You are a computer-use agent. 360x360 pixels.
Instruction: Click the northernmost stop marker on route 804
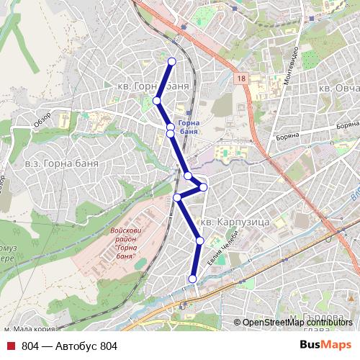click(x=171, y=61)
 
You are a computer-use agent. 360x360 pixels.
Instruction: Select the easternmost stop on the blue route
click(x=204, y=187)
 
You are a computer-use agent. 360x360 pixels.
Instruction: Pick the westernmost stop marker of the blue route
click(x=156, y=101)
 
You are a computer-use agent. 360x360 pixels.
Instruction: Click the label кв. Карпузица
click(x=235, y=222)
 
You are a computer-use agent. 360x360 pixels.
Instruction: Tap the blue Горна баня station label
click(x=187, y=127)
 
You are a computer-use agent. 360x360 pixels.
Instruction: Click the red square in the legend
click(x=11, y=346)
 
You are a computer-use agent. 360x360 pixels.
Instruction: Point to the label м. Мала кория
click(x=30, y=328)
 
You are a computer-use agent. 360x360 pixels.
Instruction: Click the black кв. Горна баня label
click(x=153, y=86)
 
